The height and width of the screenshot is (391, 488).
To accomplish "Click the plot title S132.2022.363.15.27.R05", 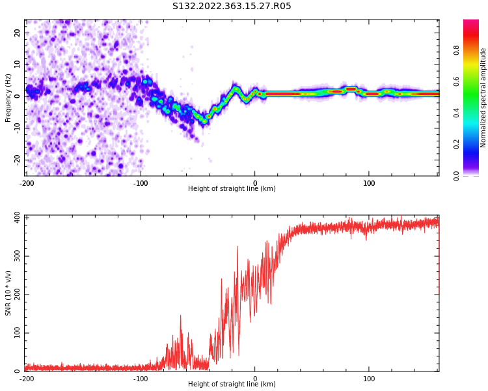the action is coord(232,6).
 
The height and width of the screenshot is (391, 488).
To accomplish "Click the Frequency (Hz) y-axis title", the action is coord(8,98).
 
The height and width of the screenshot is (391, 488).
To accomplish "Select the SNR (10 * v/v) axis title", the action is coord(8,293).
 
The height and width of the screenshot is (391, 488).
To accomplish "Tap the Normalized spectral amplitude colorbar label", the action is coord(483,98).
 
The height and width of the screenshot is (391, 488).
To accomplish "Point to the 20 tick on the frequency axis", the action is coord(18,33).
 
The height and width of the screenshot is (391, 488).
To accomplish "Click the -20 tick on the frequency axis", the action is coord(18,160).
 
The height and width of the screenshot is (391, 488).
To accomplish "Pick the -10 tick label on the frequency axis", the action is coord(18,128).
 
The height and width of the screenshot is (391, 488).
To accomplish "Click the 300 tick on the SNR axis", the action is coord(18,256).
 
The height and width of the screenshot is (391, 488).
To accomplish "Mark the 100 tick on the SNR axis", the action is coord(18,333).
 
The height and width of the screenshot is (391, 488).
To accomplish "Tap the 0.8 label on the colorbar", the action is coord(456,50).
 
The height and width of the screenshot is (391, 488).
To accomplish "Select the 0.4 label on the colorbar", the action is coord(456,113).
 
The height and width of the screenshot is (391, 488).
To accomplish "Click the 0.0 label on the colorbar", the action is coord(456,176).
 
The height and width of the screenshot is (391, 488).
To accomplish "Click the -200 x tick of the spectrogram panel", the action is coord(26,183).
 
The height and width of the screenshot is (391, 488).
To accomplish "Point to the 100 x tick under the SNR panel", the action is coord(369,379).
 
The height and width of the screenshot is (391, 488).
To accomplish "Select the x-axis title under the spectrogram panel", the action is coord(232,188).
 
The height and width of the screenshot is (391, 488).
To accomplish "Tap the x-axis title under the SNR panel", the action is coord(232,384).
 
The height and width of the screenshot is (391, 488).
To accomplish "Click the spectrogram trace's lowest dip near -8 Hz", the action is coord(204,121).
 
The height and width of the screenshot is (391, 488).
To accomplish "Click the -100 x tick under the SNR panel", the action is coord(141,379).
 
